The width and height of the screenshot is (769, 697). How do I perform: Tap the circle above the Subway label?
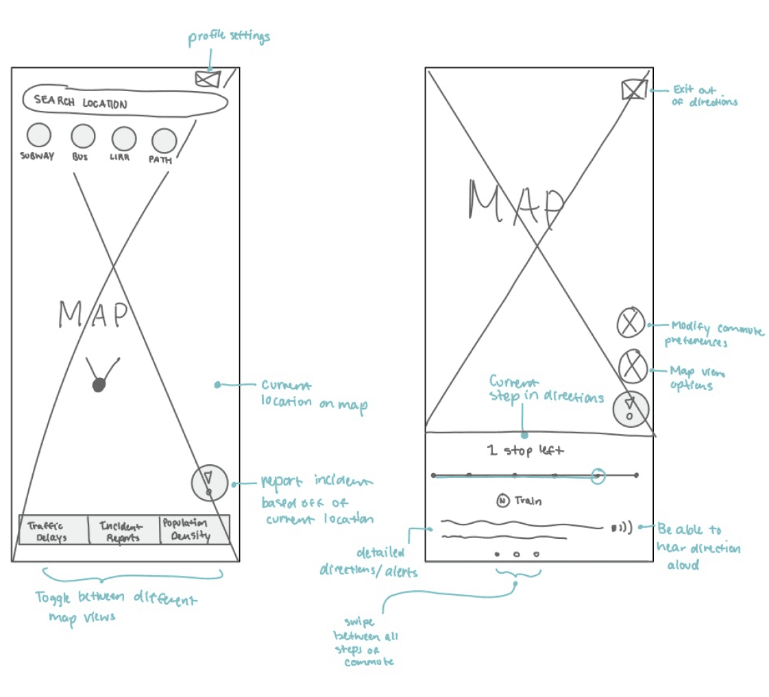tap(38, 136)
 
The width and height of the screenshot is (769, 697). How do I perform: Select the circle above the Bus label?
tap(82, 137)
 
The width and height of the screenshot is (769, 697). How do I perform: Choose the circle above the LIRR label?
tap(123, 139)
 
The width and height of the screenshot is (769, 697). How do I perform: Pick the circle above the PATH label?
tap(164, 140)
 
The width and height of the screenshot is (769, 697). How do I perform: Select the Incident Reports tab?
tap(123, 531)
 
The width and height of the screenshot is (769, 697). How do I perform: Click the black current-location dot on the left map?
tap(99, 385)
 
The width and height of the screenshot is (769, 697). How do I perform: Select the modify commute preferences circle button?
tap(631, 322)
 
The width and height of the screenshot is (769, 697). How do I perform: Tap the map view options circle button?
tap(633, 366)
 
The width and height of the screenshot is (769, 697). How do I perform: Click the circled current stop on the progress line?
tap(598, 474)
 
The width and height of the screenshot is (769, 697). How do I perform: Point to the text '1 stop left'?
tap(526, 451)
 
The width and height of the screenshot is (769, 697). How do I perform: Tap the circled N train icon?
tap(502, 500)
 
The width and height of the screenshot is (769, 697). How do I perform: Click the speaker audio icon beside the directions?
tap(621, 527)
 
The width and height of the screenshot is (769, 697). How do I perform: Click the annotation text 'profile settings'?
tap(229, 37)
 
